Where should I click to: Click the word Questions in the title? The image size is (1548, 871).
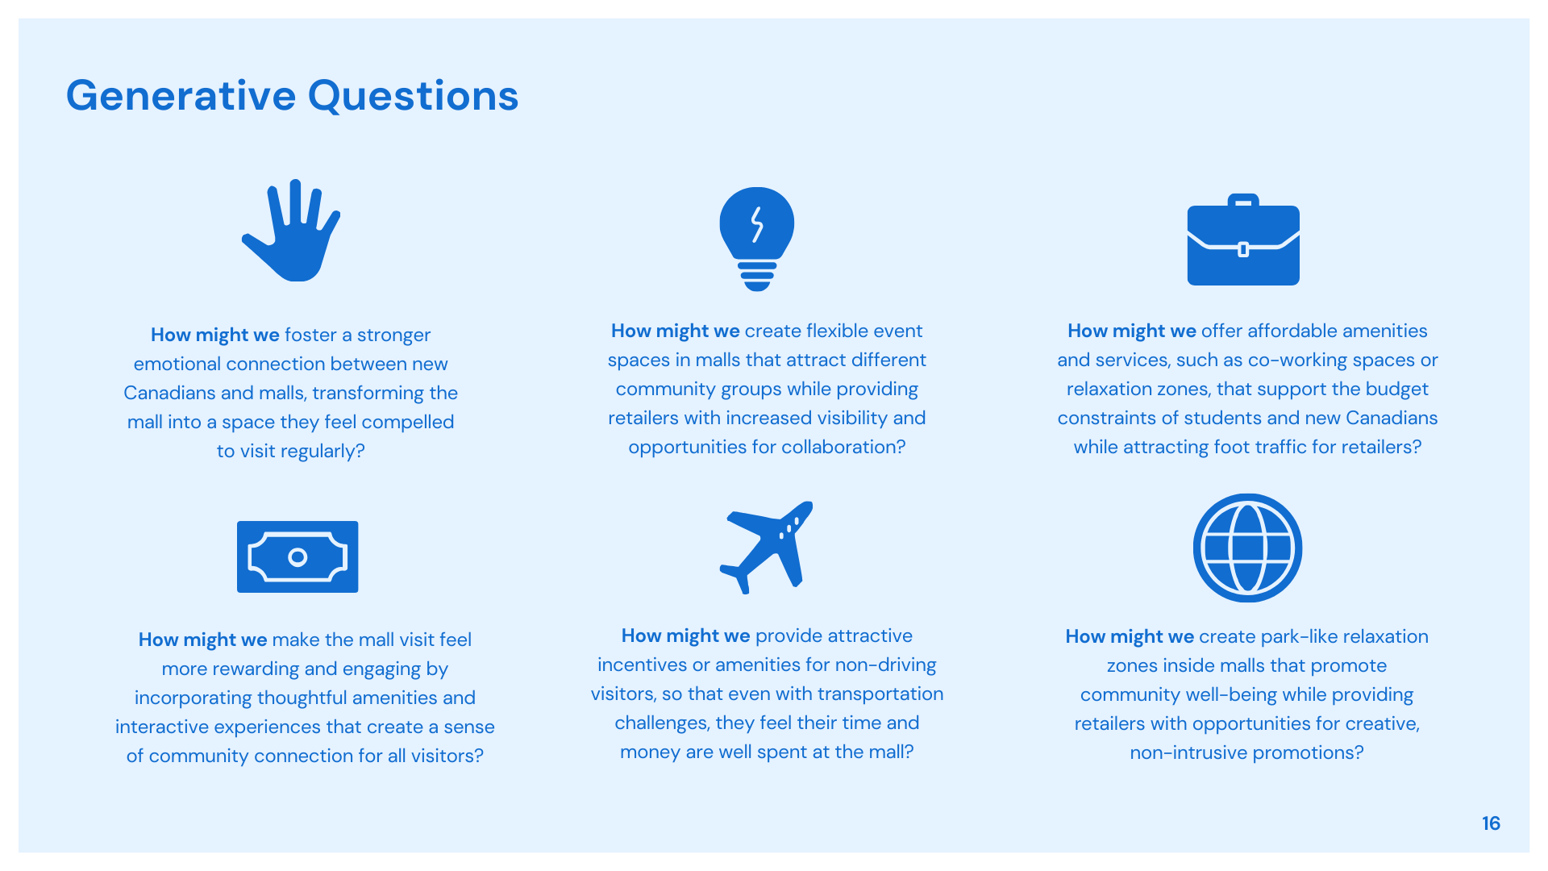(413, 97)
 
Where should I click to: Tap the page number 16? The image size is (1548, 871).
(1491, 823)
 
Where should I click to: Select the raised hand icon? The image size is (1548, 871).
(292, 231)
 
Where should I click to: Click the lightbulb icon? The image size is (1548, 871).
(757, 239)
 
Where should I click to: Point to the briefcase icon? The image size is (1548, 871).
(1243, 240)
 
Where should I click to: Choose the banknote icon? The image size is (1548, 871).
(298, 556)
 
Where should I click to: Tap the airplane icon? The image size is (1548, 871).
(767, 548)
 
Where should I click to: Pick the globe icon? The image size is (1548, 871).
(1247, 548)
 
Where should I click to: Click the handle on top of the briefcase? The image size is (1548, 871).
(1243, 199)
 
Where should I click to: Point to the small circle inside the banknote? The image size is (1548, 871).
(298, 556)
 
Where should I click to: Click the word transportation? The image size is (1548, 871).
(880, 694)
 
